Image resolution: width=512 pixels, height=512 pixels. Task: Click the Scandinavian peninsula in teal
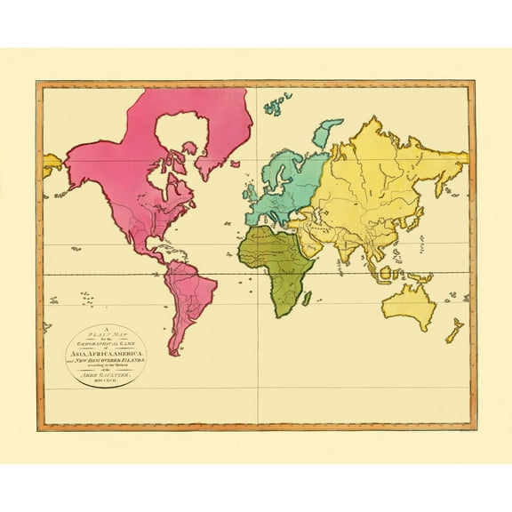point(284,164)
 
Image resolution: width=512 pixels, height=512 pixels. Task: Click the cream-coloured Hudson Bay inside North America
point(173,142)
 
